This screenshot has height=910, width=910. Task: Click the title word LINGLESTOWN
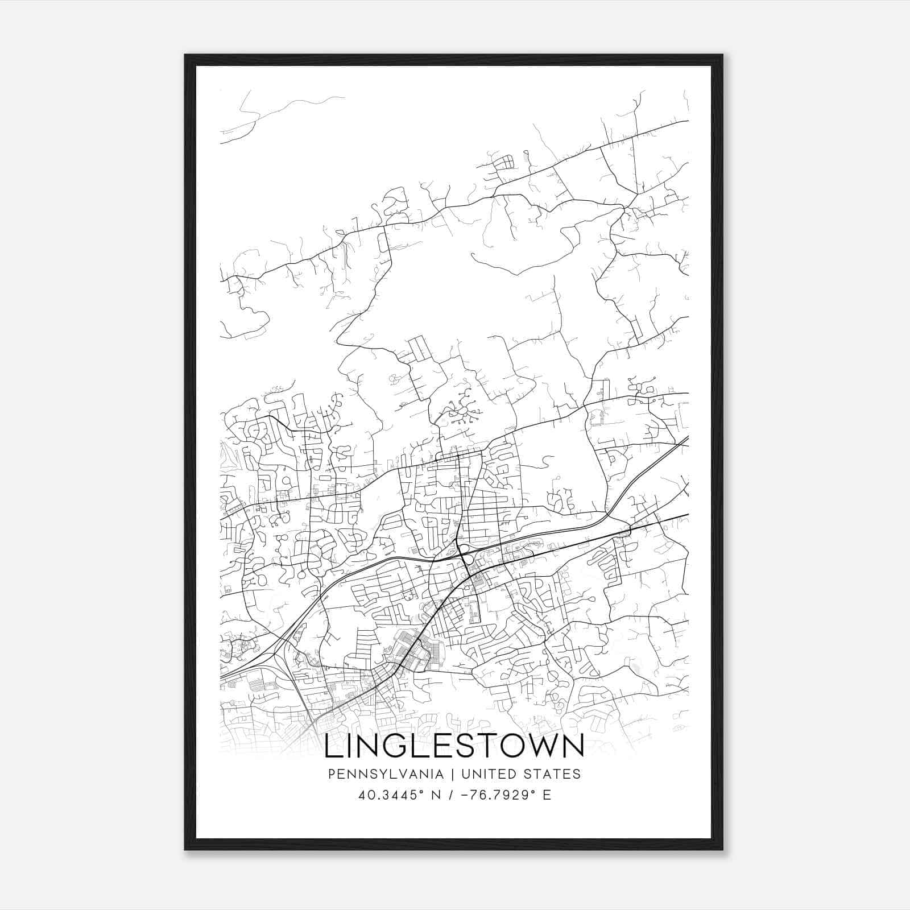tap(454, 746)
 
